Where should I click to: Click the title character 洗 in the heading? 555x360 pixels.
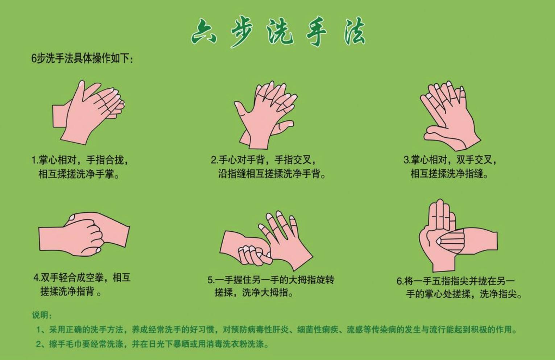tap(279, 32)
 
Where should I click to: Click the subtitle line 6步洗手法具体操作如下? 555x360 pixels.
tap(82, 58)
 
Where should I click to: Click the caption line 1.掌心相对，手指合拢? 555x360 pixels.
tap(80, 160)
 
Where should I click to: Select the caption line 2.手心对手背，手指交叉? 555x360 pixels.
tap(264, 160)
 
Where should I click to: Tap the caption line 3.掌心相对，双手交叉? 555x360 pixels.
tap(450, 160)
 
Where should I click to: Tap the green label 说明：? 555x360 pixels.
tap(42, 315)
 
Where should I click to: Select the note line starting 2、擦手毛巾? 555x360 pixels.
tap(152, 344)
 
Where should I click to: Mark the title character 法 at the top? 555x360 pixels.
tap(354, 32)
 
